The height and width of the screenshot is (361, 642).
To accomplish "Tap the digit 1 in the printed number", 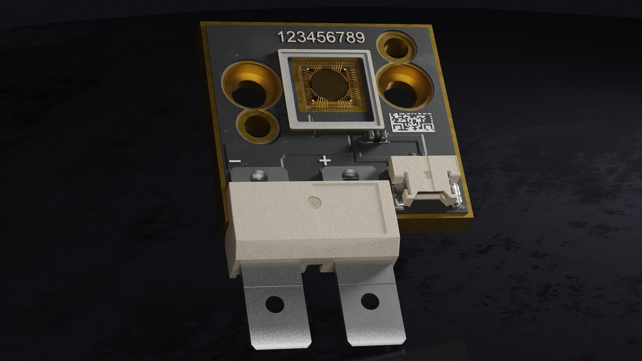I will pos(282,37).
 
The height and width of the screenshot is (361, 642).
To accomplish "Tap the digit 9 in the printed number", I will pos(360,38).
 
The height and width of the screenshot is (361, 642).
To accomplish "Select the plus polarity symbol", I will pos(325,161).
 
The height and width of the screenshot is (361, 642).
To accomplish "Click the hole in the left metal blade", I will pos(275,305).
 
